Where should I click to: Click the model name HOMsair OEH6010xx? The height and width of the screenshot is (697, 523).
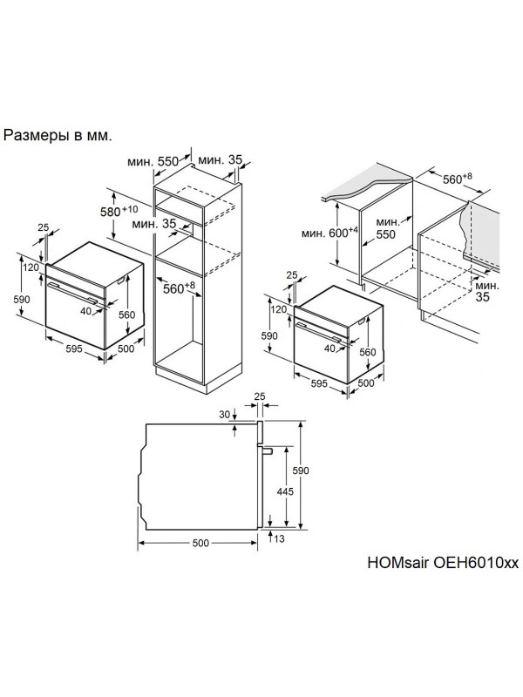[x=436, y=563]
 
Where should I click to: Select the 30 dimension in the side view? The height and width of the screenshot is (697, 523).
[x=226, y=416]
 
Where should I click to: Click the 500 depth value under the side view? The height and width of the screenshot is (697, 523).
[x=200, y=543]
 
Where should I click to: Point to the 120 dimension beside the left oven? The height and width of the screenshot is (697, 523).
[x=31, y=267]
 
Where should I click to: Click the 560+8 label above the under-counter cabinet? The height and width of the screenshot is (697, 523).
[x=456, y=179]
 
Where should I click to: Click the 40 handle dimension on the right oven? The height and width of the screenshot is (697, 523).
[x=330, y=348]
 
